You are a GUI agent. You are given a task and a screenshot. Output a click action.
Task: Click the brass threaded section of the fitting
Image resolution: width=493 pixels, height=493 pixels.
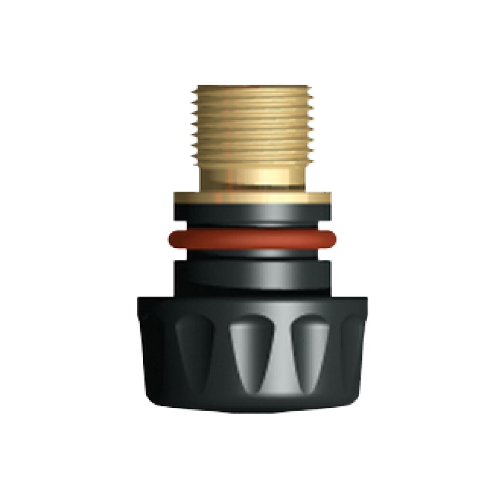click(252, 125)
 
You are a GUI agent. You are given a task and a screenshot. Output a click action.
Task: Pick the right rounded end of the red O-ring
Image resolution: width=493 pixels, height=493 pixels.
click(333, 237)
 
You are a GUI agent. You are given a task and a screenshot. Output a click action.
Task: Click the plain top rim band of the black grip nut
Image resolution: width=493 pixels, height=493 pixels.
click(252, 306)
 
